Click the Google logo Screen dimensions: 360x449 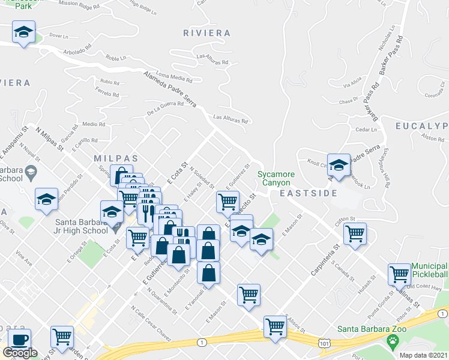pos(20,353)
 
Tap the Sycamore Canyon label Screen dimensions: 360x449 pos(276,178)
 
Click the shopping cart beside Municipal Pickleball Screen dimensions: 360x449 pos(399,275)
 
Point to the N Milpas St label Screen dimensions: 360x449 pos(49,138)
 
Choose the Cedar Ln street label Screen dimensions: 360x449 pos(366,129)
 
